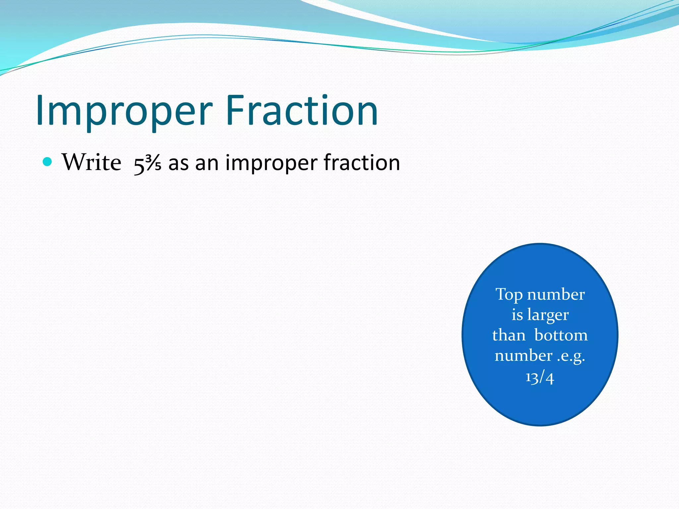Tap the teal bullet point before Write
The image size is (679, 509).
(x=48, y=162)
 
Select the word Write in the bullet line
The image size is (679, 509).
(x=92, y=162)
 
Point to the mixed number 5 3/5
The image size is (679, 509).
(x=147, y=164)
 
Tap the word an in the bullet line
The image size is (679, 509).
(x=207, y=163)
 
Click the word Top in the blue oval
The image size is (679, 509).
(x=509, y=295)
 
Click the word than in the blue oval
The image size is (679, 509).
(x=509, y=335)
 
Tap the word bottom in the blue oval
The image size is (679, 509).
(x=561, y=335)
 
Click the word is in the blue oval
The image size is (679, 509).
(x=517, y=315)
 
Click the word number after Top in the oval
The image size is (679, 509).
(x=556, y=294)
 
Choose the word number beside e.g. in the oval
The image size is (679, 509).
(x=524, y=356)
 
